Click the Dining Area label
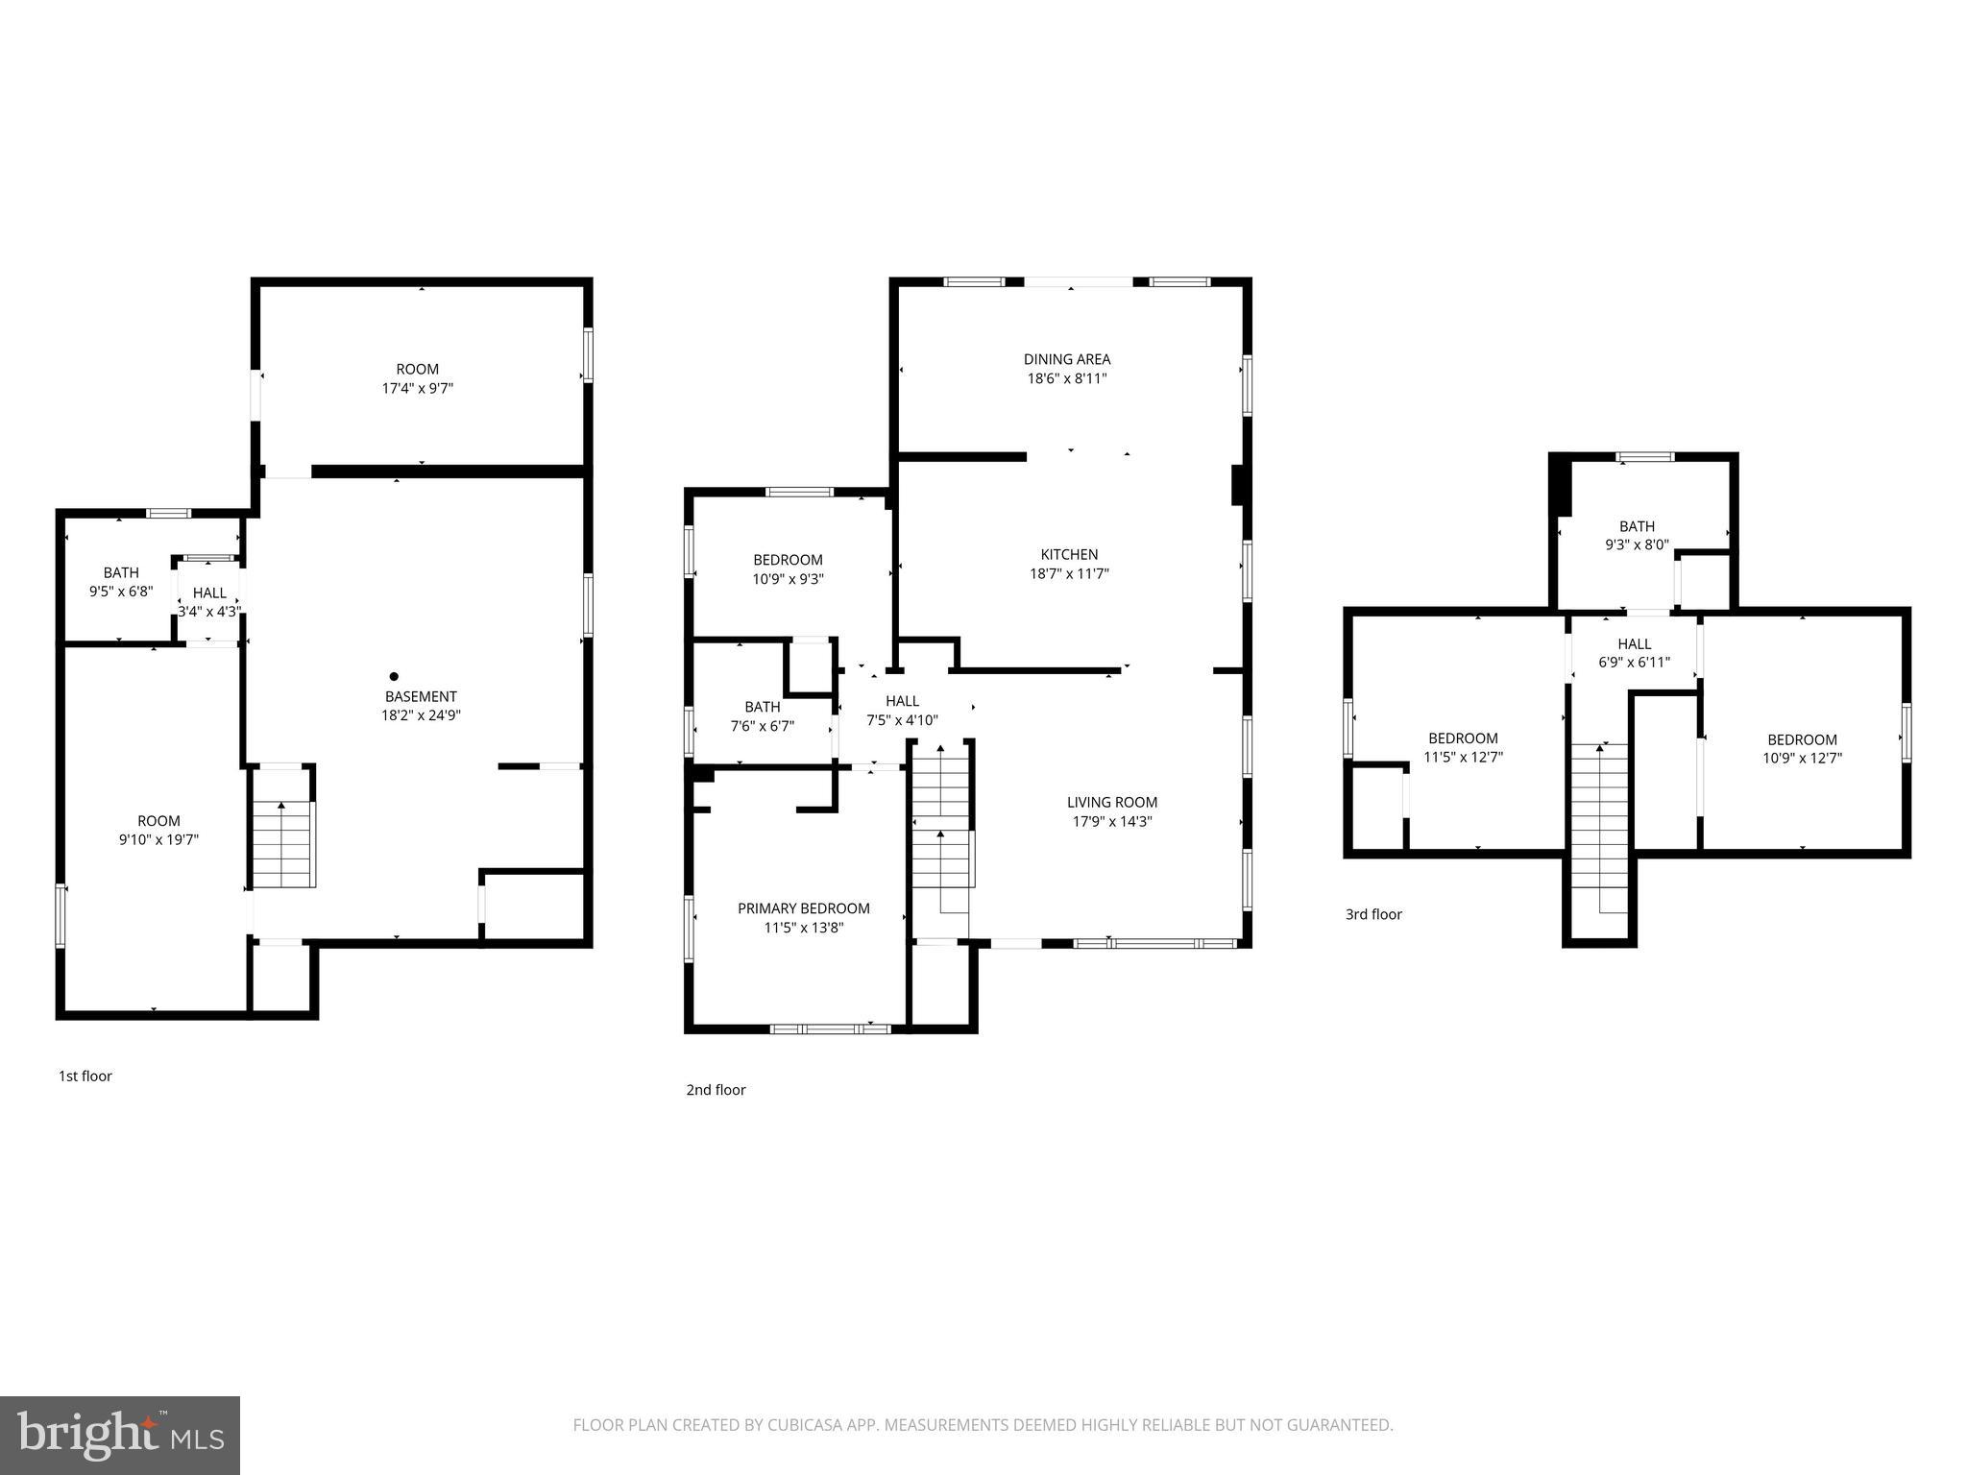point(1066,359)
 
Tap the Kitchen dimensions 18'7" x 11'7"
point(1069,574)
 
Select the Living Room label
point(1112,802)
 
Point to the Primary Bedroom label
point(803,908)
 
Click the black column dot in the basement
point(394,677)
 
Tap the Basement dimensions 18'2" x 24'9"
point(421,715)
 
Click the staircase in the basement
point(282,845)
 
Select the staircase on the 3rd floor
point(1599,826)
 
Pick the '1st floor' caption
point(85,1076)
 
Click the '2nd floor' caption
point(716,1090)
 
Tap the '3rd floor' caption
point(1373,914)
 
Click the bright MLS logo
point(120,1436)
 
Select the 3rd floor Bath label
point(1637,526)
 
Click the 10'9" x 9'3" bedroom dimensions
point(788,579)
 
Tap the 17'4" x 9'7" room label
point(417,378)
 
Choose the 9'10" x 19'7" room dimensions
point(158,840)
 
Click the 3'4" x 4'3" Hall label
point(209,602)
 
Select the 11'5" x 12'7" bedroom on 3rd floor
point(1463,747)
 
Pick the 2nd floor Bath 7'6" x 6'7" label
point(762,716)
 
